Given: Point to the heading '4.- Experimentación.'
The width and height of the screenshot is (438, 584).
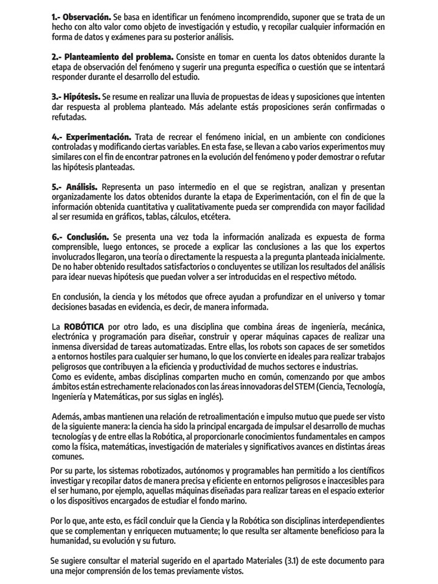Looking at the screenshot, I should coord(91,137).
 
